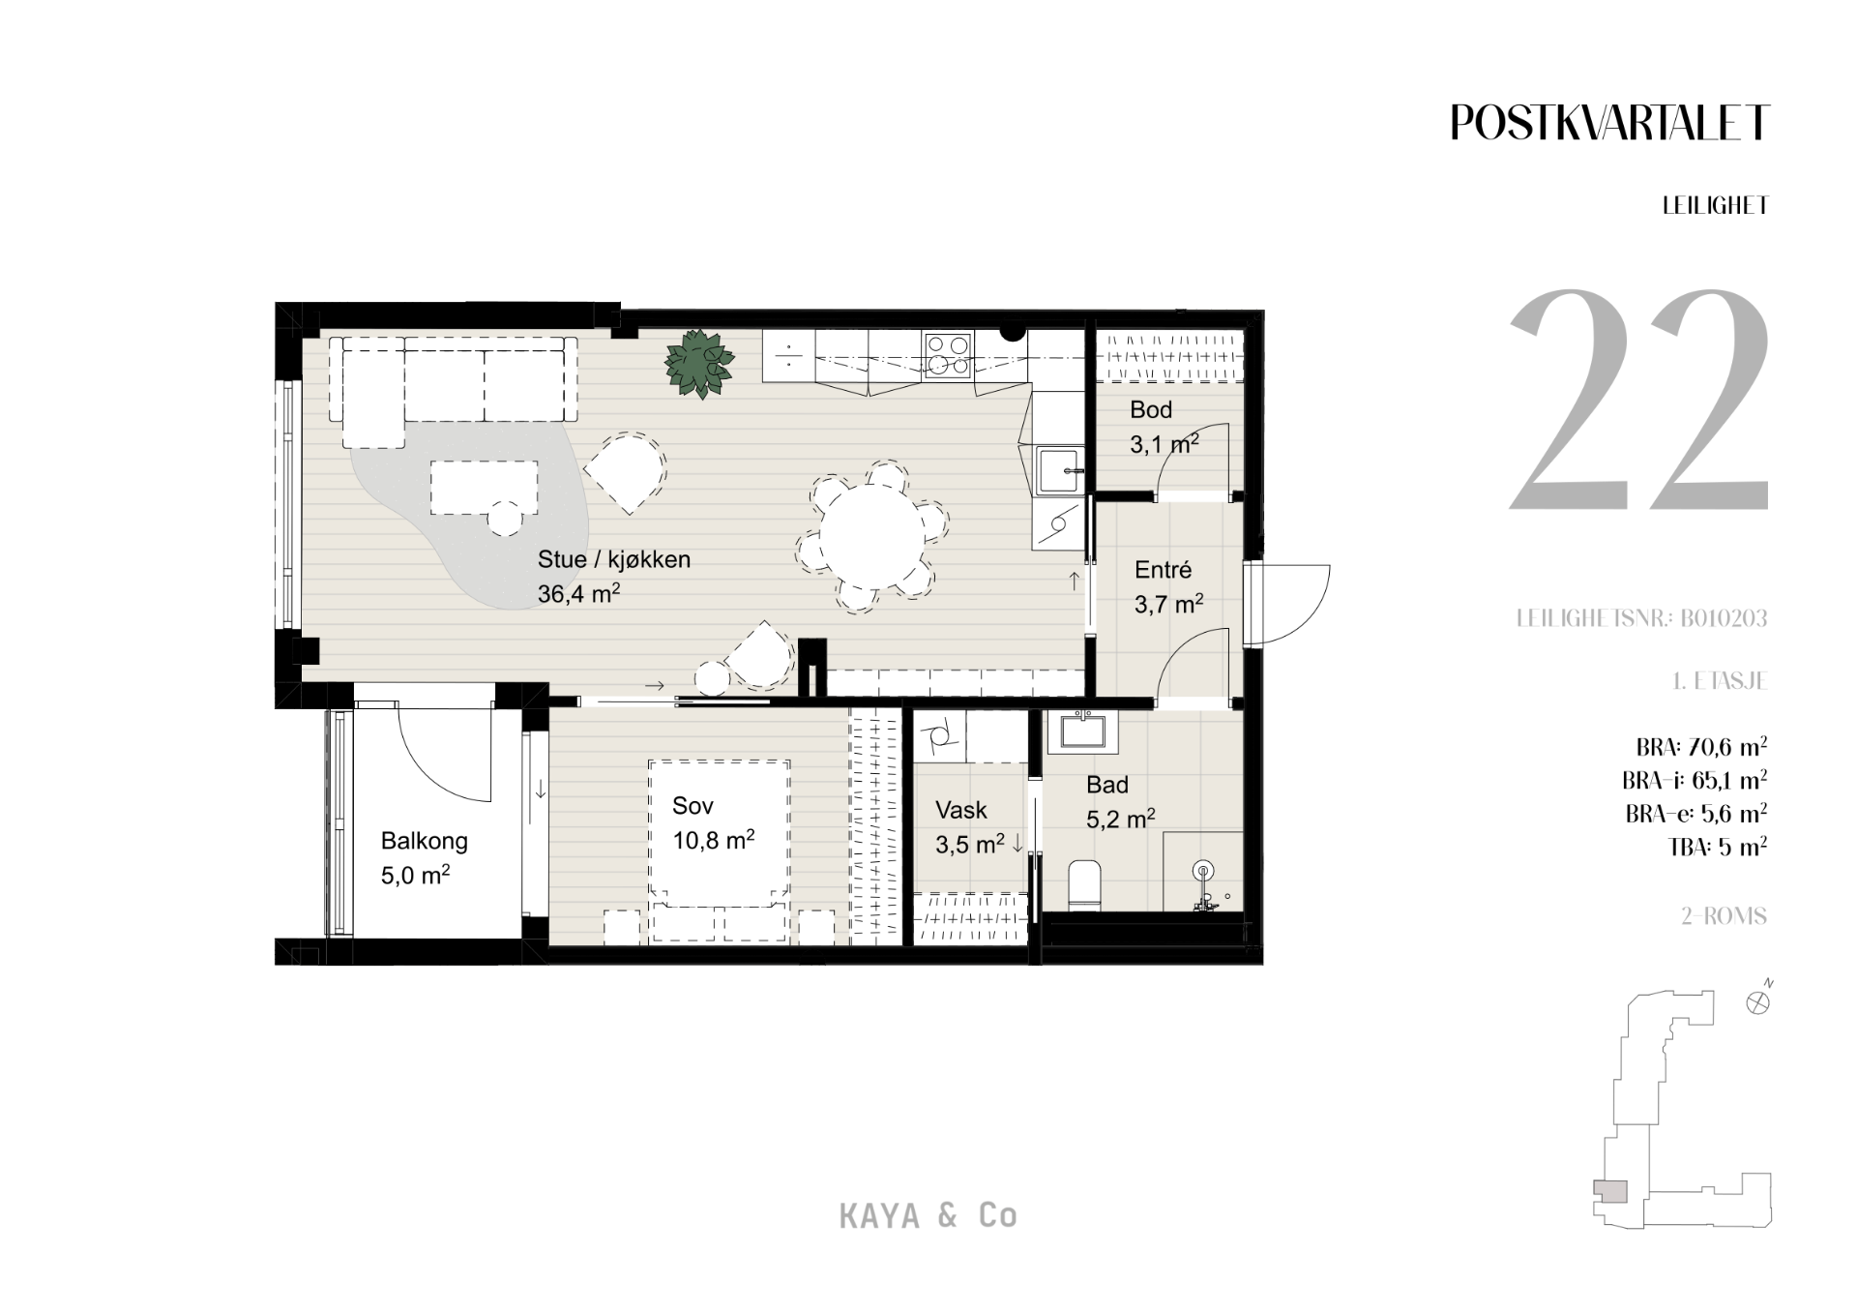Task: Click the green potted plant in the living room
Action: point(698,364)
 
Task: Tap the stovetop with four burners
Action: point(948,354)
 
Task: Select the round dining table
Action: point(872,537)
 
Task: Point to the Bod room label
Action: point(1151,409)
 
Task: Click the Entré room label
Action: point(1163,570)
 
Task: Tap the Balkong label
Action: point(424,841)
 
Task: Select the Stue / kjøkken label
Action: point(614,559)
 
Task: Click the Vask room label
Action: point(961,810)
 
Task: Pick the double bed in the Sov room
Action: point(719,850)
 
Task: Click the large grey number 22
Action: point(1639,400)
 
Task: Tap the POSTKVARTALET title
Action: point(1609,123)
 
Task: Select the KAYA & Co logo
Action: point(928,1216)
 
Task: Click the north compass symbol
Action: point(1759,1001)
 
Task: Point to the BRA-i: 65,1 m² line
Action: point(1695,780)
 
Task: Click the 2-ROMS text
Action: point(1724,916)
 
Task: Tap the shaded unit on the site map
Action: point(1610,1192)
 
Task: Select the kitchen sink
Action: point(1060,470)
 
